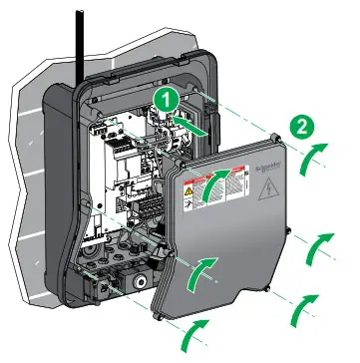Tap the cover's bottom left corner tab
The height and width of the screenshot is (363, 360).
coord(159,318)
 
